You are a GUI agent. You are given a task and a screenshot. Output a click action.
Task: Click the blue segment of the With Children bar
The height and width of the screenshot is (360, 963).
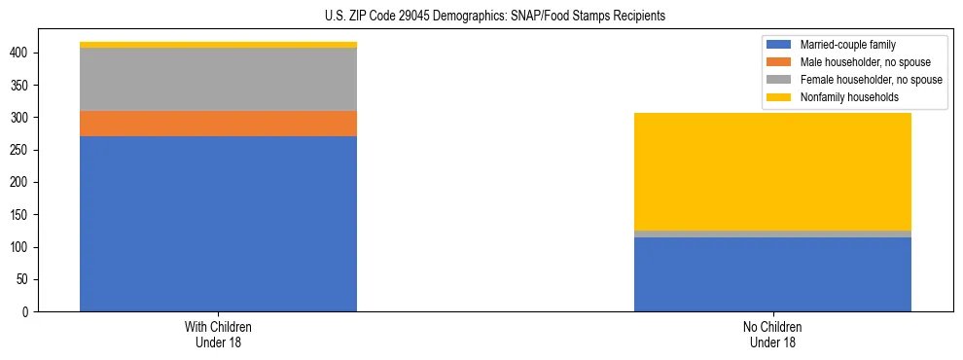click(218, 224)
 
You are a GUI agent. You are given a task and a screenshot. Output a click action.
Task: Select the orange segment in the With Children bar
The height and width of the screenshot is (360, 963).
click(218, 124)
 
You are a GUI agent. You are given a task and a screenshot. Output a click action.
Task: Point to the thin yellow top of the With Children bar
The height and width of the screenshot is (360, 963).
click(218, 45)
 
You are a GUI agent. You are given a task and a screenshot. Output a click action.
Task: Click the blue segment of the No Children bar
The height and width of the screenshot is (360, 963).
click(772, 274)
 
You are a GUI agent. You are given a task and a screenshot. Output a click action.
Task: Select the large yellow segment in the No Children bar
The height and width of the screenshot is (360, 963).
click(772, 171)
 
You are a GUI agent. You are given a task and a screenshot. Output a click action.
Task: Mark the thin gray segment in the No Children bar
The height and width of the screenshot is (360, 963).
click(772, 234)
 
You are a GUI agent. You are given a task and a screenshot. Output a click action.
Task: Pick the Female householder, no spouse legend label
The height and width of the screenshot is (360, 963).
click(871, 80)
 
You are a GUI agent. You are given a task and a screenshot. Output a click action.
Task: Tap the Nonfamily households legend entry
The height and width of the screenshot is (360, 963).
click(842, 97)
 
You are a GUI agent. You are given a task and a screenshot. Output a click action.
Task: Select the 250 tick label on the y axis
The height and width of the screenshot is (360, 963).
click(20, 150)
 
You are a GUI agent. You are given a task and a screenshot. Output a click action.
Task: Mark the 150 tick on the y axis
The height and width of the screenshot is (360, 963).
click(20, 214)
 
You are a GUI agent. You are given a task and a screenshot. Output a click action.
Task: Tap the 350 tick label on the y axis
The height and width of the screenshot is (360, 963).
click(20, 85)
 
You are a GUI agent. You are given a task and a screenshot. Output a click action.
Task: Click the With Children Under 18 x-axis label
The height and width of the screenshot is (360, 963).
click(218, 334)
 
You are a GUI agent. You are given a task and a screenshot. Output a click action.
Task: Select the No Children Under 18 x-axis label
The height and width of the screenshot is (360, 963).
click(772, 334)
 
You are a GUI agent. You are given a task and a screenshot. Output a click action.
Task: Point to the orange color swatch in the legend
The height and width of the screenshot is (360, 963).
click(780, 62)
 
